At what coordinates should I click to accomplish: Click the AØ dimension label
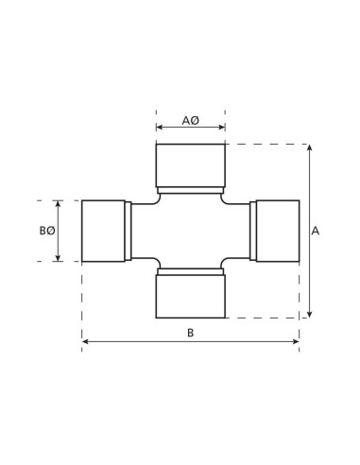(190, 121)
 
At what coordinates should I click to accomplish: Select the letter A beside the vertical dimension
(317, 230)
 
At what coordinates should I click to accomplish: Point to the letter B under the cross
(190, 332)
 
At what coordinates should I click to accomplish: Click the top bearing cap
(190, 165)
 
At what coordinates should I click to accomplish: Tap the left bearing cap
(104, 231)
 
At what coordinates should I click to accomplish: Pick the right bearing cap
(276, 231)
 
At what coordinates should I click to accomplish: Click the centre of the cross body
(190, 231)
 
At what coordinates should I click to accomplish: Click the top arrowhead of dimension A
(308, 146)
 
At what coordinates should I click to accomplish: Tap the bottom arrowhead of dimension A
(308, 315)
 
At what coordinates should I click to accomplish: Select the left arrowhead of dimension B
(84, 341)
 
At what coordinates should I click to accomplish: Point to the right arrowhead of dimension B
(297, 341)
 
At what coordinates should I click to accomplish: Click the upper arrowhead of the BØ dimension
(59, 202)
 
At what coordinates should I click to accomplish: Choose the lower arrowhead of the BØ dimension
(59, 258)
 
